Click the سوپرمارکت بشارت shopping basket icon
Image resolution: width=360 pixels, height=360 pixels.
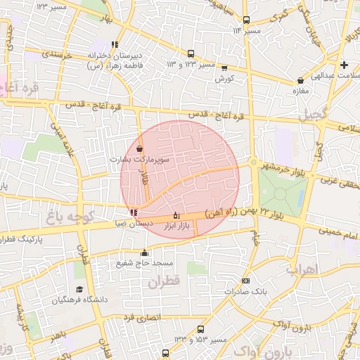[139, 148]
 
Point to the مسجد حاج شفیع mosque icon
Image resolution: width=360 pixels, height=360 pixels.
[146, 252]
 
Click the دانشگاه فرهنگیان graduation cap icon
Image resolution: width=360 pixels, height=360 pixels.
[79, 289]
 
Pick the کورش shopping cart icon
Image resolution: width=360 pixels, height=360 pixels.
[224, 68]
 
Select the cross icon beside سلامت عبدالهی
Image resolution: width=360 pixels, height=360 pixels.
[345, 65]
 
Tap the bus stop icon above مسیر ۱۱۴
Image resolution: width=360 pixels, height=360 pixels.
[246, 20]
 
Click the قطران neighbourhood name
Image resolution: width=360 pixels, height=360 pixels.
[164, 282]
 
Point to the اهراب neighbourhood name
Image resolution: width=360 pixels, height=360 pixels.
[303, 269]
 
